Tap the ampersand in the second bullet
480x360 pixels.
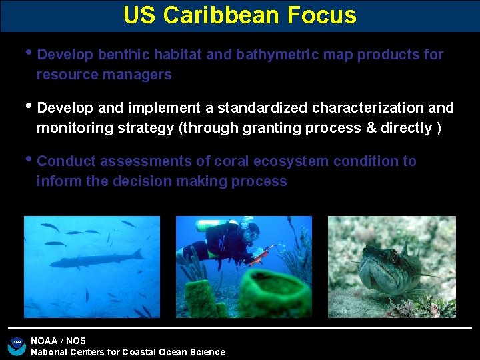click(371, 128)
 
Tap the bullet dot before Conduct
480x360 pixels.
click(27, 159)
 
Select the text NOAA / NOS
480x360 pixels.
click(59, 341)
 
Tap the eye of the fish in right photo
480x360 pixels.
click(393, 254)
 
